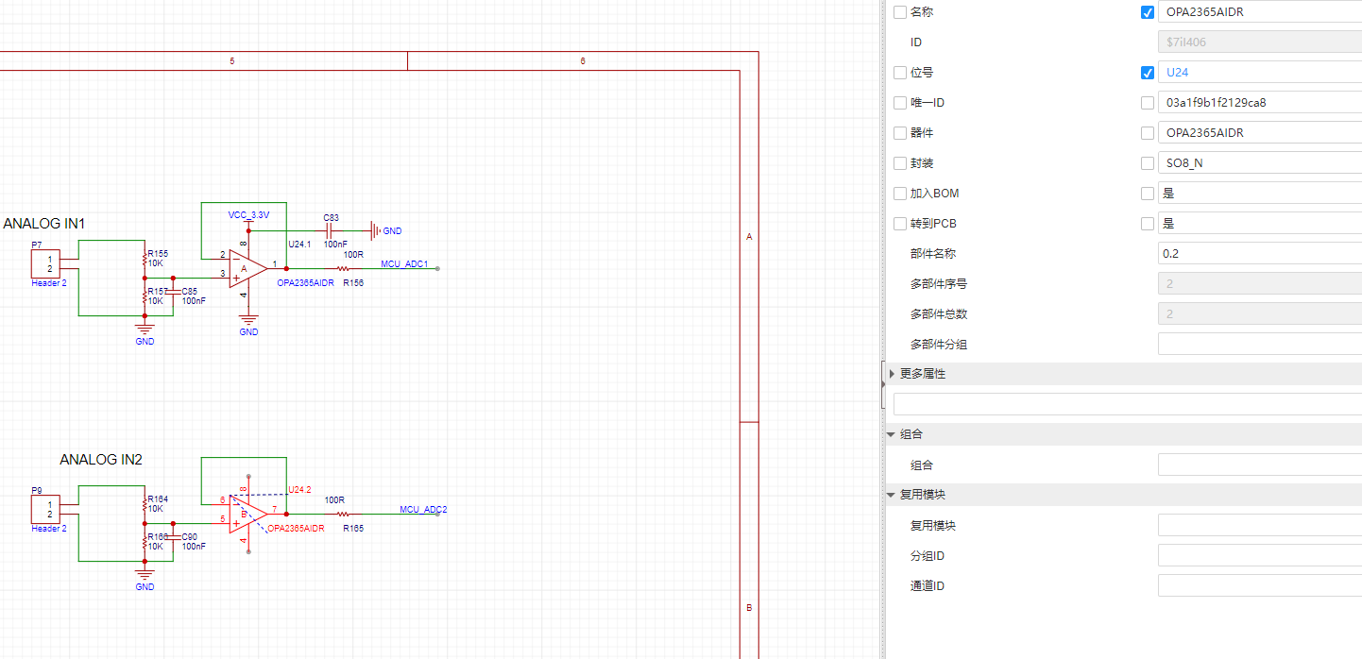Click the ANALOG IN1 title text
tap(44, 224)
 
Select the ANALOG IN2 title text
tap(101, 460)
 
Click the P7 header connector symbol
tap(46, 264)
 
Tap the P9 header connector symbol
tap(46, 510)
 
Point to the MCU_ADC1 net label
tap(404, 264)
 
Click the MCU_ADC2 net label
tap(423, 510)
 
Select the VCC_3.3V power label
tap(248, 215)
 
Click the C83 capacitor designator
tap(331, 218)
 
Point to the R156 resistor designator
tap(353, 283)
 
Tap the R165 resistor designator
tap(353, 529)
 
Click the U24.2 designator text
tap(299, 489)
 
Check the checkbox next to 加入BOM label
tap(899, 194)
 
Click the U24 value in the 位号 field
tap(1177, 73)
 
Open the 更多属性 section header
tap(923, 374)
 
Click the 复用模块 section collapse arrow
tap(891, 495)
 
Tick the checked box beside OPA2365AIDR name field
tap(1148, 12)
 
